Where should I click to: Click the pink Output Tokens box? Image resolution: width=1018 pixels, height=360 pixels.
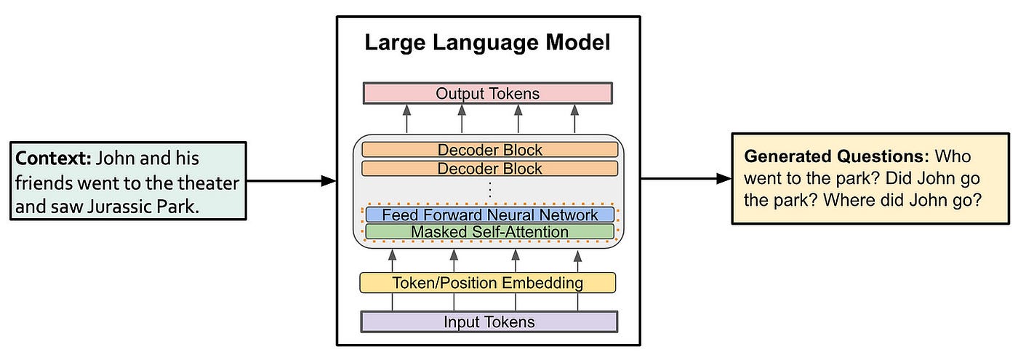(x=488, y=93)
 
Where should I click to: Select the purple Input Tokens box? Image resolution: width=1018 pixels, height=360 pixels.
(x=489, y=321)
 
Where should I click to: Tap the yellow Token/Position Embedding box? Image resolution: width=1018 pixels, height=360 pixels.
(x=488, y=283)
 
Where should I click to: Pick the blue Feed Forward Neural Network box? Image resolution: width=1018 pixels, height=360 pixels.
(x=490, y=215)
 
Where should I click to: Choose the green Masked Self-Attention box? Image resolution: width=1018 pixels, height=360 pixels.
(x=490, y=232)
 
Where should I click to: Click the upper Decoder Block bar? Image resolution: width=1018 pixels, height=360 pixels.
(x=490, y=150)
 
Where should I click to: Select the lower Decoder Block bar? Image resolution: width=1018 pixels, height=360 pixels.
(x=490, y=169)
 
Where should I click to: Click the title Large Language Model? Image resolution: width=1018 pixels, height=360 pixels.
(x=487, y=43)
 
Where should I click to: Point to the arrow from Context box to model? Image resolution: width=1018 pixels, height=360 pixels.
(x=292, y=181)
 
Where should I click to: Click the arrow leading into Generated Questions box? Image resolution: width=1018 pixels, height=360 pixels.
(x=686, y=179)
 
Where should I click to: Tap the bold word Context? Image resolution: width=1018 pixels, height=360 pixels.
(x=53, y=159)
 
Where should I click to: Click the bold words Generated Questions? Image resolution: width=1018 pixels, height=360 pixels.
(x=837, y=156)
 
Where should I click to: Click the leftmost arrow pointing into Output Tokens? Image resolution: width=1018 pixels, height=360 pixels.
(x=406, y=119)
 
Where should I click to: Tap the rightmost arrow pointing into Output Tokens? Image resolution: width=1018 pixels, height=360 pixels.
(x=574, y=119)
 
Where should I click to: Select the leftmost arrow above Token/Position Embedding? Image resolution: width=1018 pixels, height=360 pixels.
(x=393, y=261)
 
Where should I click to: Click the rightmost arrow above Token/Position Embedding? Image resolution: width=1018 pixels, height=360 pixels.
(x=577, y=261)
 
